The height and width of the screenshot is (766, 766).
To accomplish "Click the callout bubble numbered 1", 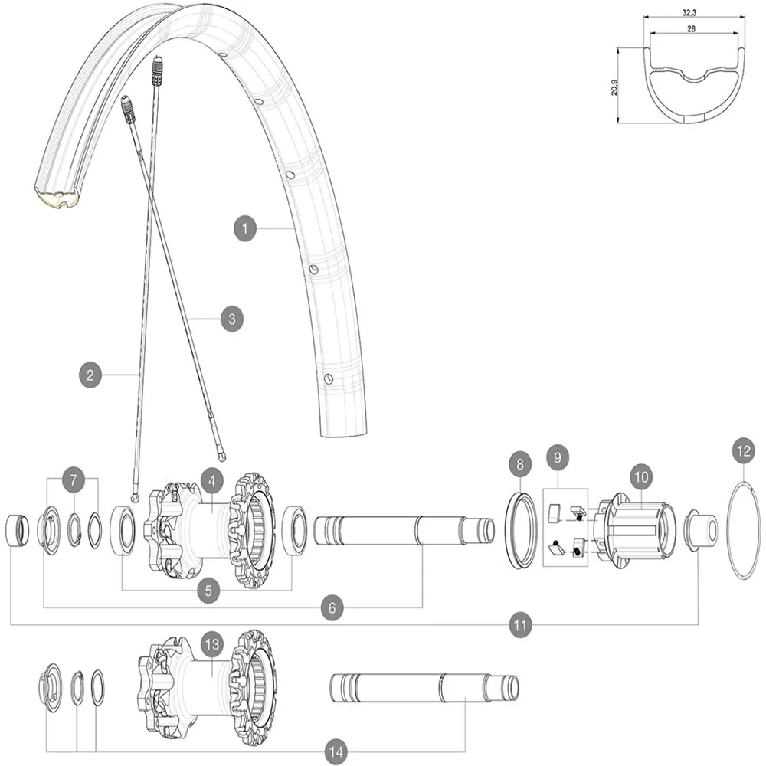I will pos(245,228).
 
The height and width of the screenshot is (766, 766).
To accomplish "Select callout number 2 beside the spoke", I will pos(90,375).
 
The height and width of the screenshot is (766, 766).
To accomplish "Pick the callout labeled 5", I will pos(208,590).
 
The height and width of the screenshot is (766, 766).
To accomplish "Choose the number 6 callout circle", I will pos(332,607).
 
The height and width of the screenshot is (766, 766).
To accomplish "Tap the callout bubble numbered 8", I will pos(520,464).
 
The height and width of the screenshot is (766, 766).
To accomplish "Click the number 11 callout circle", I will pos(521,625).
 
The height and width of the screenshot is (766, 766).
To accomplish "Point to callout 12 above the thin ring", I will pos(742,451).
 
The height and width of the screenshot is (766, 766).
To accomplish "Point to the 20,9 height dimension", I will pos(614,84).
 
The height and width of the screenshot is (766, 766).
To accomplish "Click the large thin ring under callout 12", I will pos(742,530).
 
